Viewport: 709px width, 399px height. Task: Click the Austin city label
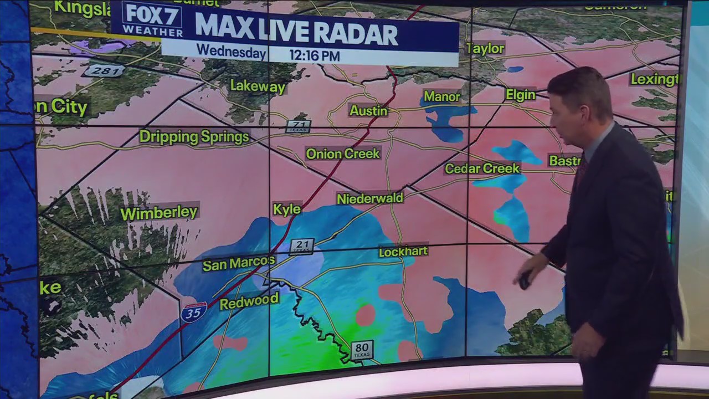368,111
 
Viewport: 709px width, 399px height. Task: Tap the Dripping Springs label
194,137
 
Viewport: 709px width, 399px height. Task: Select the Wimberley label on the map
159,213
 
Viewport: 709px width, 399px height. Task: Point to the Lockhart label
403,252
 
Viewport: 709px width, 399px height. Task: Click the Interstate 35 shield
193,313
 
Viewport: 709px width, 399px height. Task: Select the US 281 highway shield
104,70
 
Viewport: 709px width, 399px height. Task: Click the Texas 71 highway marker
298,126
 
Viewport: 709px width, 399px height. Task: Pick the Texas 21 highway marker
302,246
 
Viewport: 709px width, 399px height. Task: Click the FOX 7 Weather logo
151,19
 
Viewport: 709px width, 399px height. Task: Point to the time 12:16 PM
314,55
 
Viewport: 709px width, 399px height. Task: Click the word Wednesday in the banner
230,52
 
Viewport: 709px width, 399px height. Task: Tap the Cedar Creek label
482,168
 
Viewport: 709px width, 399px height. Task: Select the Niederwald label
370,198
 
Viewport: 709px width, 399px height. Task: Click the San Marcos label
238,263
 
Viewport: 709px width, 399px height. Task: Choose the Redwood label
249,302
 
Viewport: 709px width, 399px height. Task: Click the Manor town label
441,97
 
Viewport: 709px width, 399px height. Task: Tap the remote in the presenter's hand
525,280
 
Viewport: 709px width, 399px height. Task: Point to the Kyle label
287,209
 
